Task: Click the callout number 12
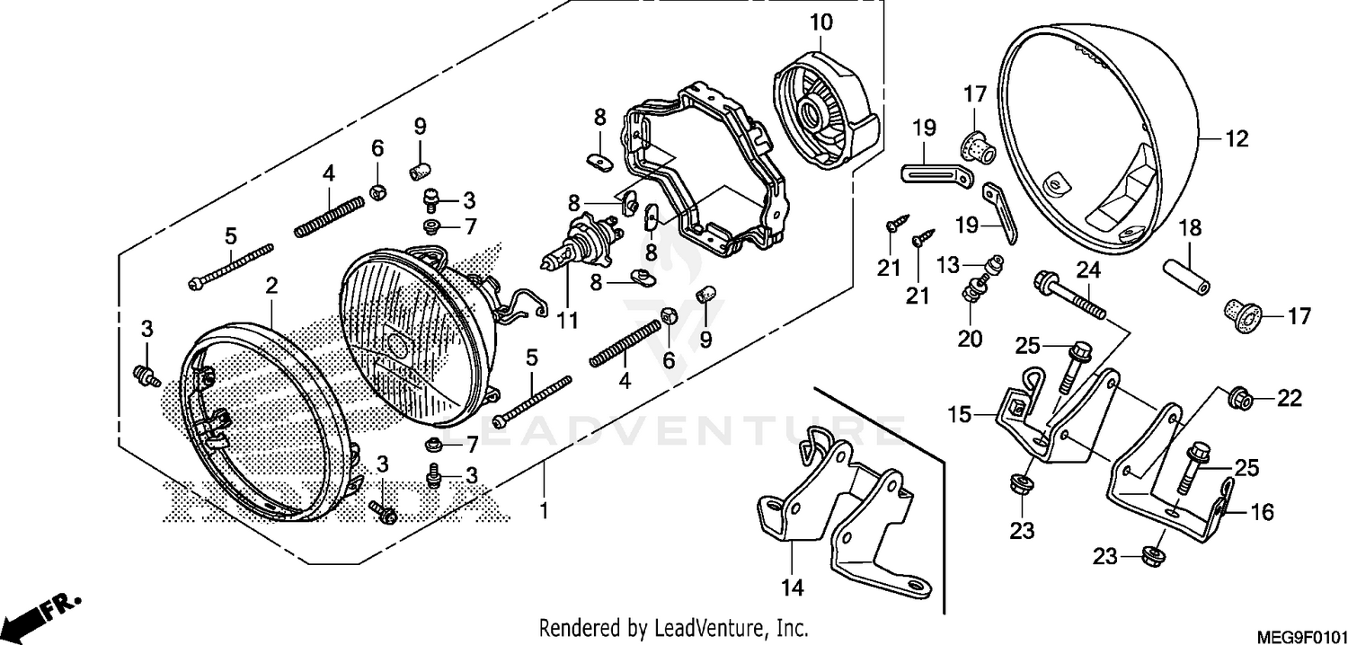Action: [1237, 138]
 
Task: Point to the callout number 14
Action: [792, 588]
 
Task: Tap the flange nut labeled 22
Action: [1241, 397]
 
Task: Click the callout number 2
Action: [270, 286]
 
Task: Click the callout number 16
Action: [1261, 512]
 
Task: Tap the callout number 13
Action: [948, 266]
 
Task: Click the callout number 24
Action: [1089, 268]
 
